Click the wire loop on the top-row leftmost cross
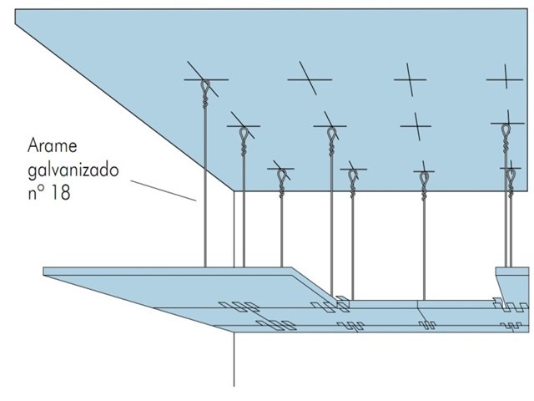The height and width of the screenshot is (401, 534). point(205,87)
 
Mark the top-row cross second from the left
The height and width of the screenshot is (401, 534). point(310,80)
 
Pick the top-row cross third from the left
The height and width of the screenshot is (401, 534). point(410,81)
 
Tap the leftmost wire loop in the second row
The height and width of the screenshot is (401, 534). point(243,134)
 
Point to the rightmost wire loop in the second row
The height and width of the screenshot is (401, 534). point(506,132)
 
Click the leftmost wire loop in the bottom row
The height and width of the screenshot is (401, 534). point(283,176)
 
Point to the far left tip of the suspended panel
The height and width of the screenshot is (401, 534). point(45,271)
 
